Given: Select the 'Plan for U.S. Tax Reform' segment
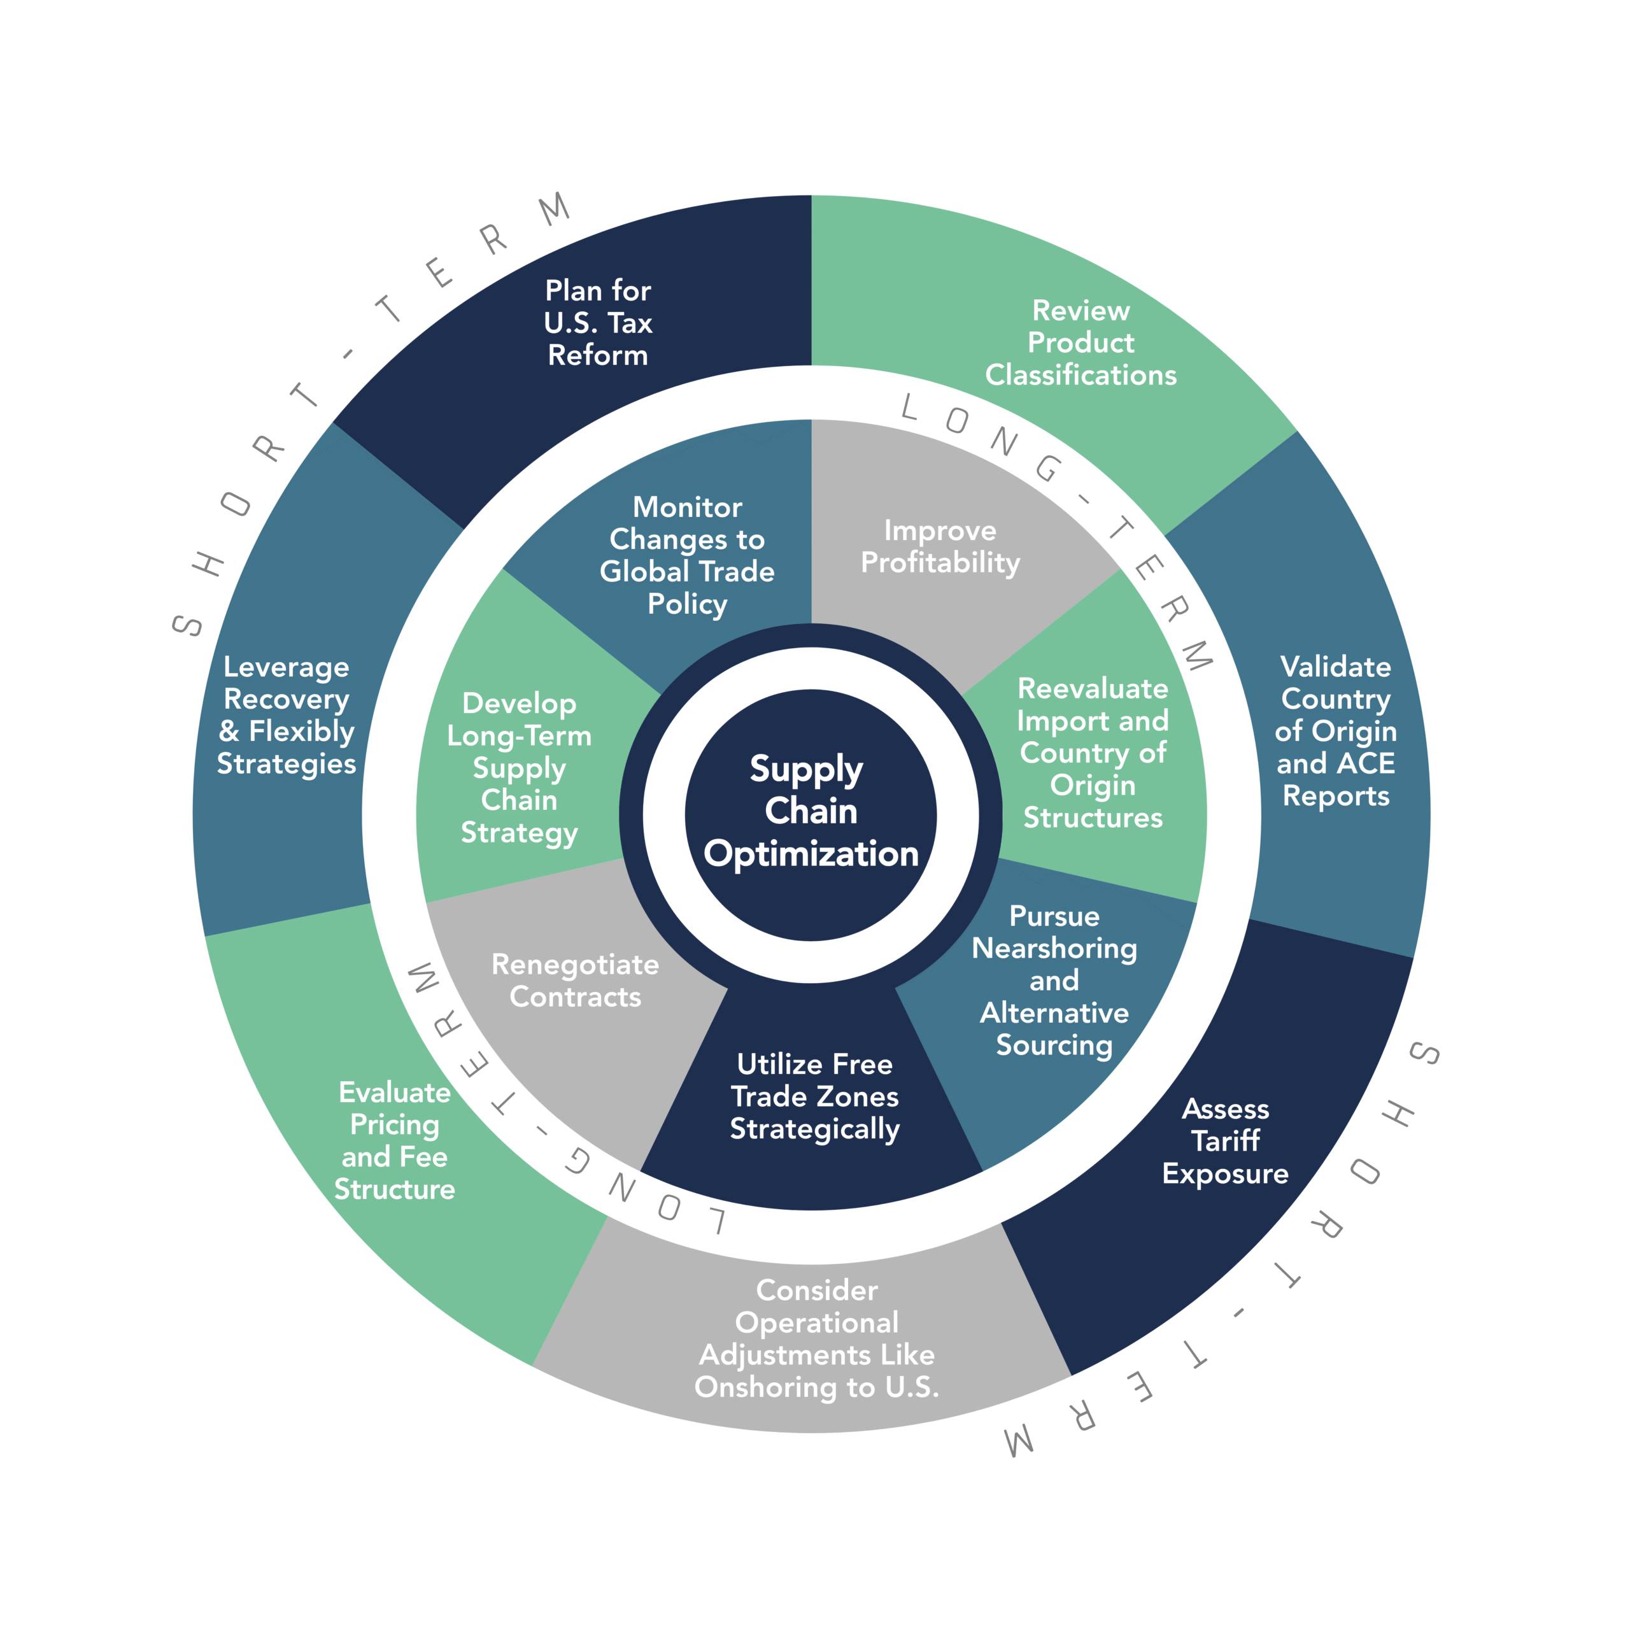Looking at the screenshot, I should pyautogui.click(x=597, y=323).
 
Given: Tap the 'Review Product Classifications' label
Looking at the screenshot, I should pyautogui.click(x=1081, y=343).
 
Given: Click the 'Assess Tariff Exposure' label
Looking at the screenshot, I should pyautogui.click(x=1225, y=1140).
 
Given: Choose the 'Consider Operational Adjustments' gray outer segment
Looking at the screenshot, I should pyautogui.click(x=816, y=1338).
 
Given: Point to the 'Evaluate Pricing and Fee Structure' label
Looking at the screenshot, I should pyautogui.click(x=394, y=1140).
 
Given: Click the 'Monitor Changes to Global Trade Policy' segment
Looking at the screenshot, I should pyautogui.click(x=687, y=555).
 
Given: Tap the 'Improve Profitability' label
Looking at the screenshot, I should pyautogui.click(x=940, y=547).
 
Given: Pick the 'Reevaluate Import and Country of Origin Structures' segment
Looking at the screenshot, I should pyautogui.click(x=1093, y=753).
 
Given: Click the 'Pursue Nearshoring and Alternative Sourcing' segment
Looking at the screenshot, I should pyautogui.click(x=1054, y=981).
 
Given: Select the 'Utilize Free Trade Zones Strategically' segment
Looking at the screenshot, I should pyautogui.click(x=814, y=1097).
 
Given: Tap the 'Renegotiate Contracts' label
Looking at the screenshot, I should pyautogui.click(x=576, y=981).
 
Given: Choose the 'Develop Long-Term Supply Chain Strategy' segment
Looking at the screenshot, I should pyautogui.click(x=519, y=768).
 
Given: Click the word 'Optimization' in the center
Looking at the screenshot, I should pyautogui.click(x=811, y=854).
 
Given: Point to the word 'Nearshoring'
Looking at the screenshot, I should pyautogui.click(x=1054, y=948).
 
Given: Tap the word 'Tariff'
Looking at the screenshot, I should pyautogui.click(x=1225, y=1140).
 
